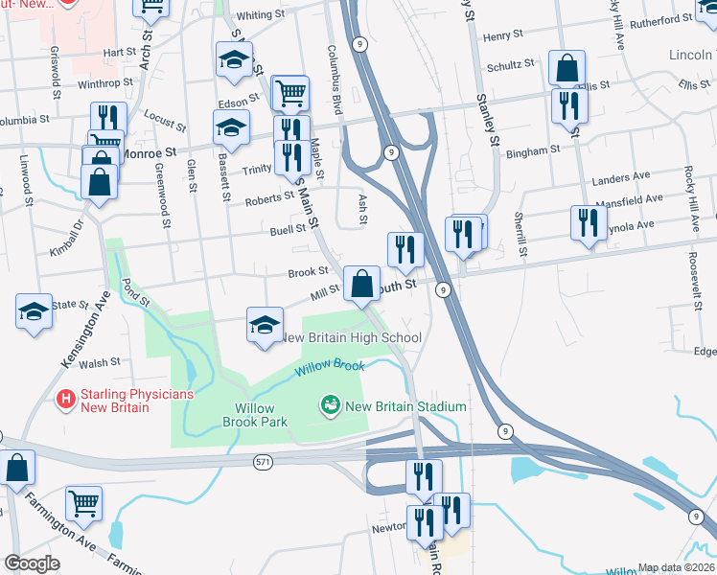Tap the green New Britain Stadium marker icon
[332, 406]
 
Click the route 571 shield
[263, 463]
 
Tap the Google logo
[32, 563]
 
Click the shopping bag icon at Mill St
[361, 284]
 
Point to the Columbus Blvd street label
[335, 80]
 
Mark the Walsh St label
[101, 363]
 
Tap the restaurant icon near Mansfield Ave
[587, 222]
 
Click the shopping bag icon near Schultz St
[567, 68]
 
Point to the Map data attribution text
[675, 567]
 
